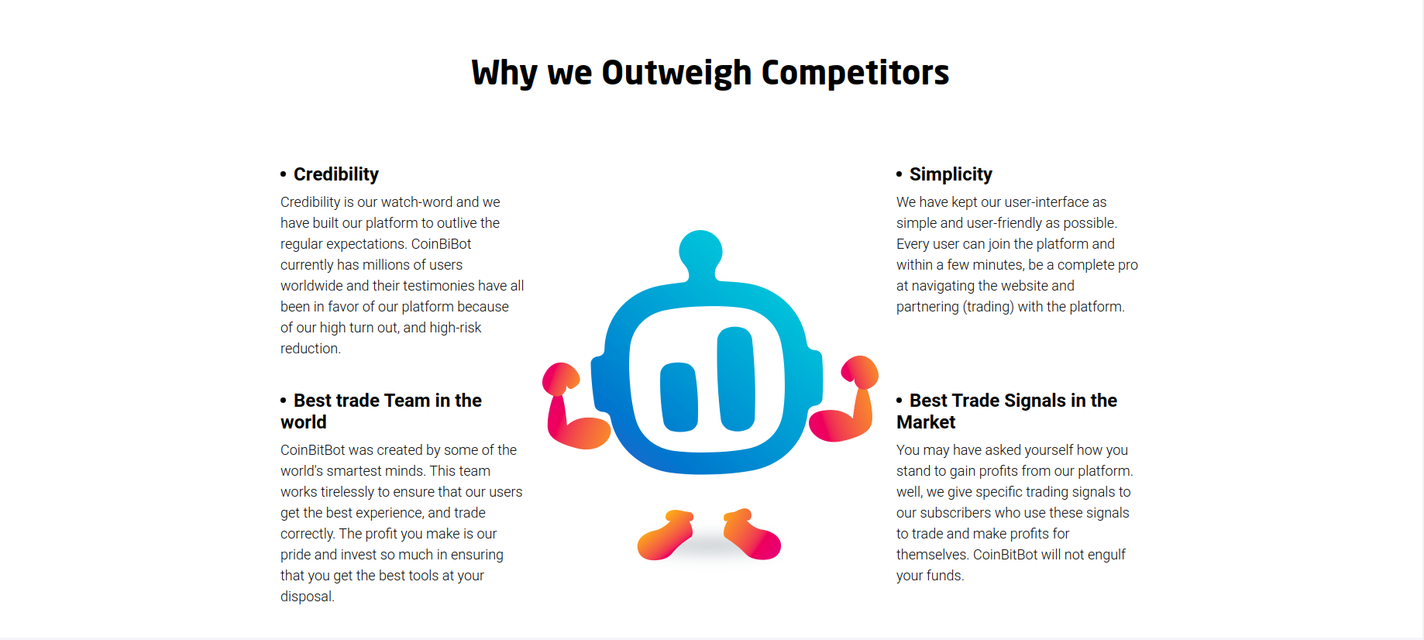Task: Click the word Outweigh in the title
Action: (676, 74)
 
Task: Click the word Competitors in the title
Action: (855, 73)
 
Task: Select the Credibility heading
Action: (336, 174)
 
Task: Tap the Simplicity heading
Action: (951, 174)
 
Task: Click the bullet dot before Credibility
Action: (284, 174)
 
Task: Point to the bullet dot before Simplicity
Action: (899, 174)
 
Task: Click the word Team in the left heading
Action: (407, 401)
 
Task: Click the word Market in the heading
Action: (926, 422)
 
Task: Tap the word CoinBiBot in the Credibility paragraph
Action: (441, 244)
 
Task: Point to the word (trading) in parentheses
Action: (988, 307)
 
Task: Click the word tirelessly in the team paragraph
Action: (347, 492)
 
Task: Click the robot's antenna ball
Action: (700, 251)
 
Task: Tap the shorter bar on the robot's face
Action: (679, 397)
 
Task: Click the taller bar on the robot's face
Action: (735, 379)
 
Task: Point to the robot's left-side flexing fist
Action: (561, 377)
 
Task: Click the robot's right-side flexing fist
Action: (860, 372)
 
